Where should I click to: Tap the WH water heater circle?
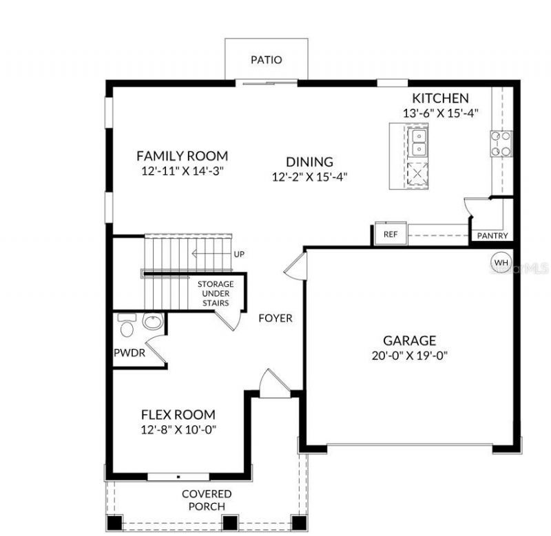click(x=500, y=262)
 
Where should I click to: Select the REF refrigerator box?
click(x=391, y=234)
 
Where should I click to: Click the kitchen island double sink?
click(x=417, y=143)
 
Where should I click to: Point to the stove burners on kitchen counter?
click(x=501, y=142)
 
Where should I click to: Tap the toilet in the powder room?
click(x=127, y=325)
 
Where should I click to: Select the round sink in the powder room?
click(x=153, y=322)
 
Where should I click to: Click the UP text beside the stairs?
click(x=239, y=255)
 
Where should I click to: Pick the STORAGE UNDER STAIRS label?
click(x=216, y=293)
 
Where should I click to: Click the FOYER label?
click(x=275, y=319)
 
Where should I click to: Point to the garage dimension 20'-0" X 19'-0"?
click(x=410, y=356)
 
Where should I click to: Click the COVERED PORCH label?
click(x=206, y=500)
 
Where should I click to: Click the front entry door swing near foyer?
click(x=273, y=382)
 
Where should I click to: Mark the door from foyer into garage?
click(x=293, y=264)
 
